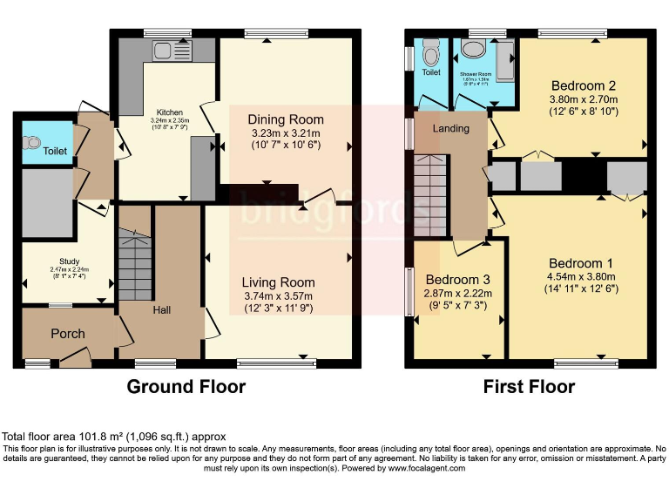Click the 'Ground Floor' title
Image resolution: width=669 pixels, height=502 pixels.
pos(186,386)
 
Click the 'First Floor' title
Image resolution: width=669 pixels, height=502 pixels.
pos(529,386)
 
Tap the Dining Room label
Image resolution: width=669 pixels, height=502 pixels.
pos(286,119)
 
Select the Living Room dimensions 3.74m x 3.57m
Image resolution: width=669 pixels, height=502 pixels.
pos(278,297)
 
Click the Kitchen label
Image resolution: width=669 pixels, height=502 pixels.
pos(169,112)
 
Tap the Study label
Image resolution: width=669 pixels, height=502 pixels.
pos(70,261)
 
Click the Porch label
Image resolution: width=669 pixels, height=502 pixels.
pos(68,334)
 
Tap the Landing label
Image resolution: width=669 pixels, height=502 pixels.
pos(451,129)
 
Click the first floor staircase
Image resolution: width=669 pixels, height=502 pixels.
pos(431,191)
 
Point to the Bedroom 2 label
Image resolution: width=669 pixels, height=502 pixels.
pos(584,85)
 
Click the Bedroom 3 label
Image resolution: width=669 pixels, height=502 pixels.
pos(457,279)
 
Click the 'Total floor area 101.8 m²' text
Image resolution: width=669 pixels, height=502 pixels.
pos(113,437)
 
